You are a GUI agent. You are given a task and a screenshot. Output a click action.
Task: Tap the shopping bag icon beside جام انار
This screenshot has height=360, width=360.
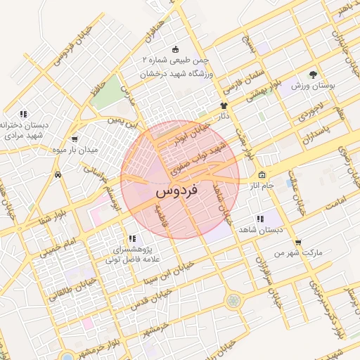click(262, 175)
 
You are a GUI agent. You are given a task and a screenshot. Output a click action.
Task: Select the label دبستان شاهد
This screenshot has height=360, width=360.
click(260, 230)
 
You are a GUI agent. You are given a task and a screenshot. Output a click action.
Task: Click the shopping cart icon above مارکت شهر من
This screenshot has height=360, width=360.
click(298, 241)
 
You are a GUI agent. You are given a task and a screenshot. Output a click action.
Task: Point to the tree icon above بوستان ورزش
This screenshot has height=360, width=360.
click(312, 75)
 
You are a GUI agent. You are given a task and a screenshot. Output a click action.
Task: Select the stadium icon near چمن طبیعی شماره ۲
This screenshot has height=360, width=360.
click(175, 50)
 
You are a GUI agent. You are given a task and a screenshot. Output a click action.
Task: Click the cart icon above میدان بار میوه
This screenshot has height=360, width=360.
click(75, 139)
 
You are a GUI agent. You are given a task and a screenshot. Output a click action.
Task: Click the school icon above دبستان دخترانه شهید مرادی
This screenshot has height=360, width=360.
click(23, 113)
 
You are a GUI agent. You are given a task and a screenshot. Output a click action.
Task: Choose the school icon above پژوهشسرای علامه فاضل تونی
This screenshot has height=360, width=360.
click(132, 238)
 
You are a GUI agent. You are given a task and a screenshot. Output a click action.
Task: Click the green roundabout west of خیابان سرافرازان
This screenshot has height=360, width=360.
click(232, 302)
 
